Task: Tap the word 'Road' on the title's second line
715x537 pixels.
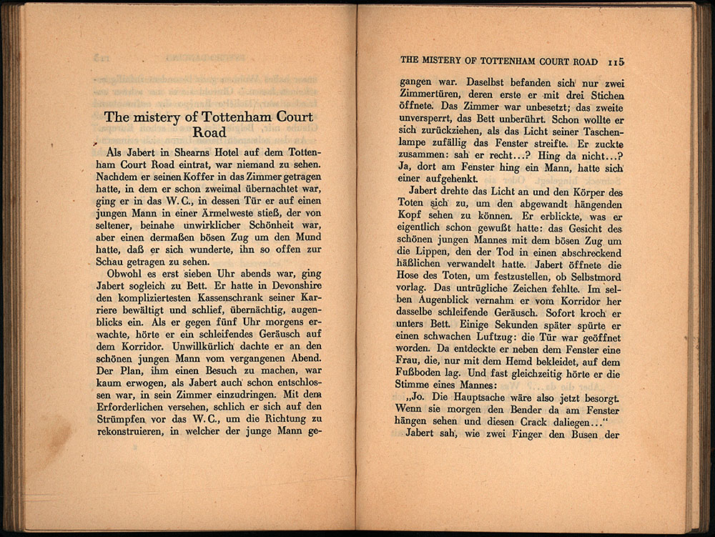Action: (x=209, y=132)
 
